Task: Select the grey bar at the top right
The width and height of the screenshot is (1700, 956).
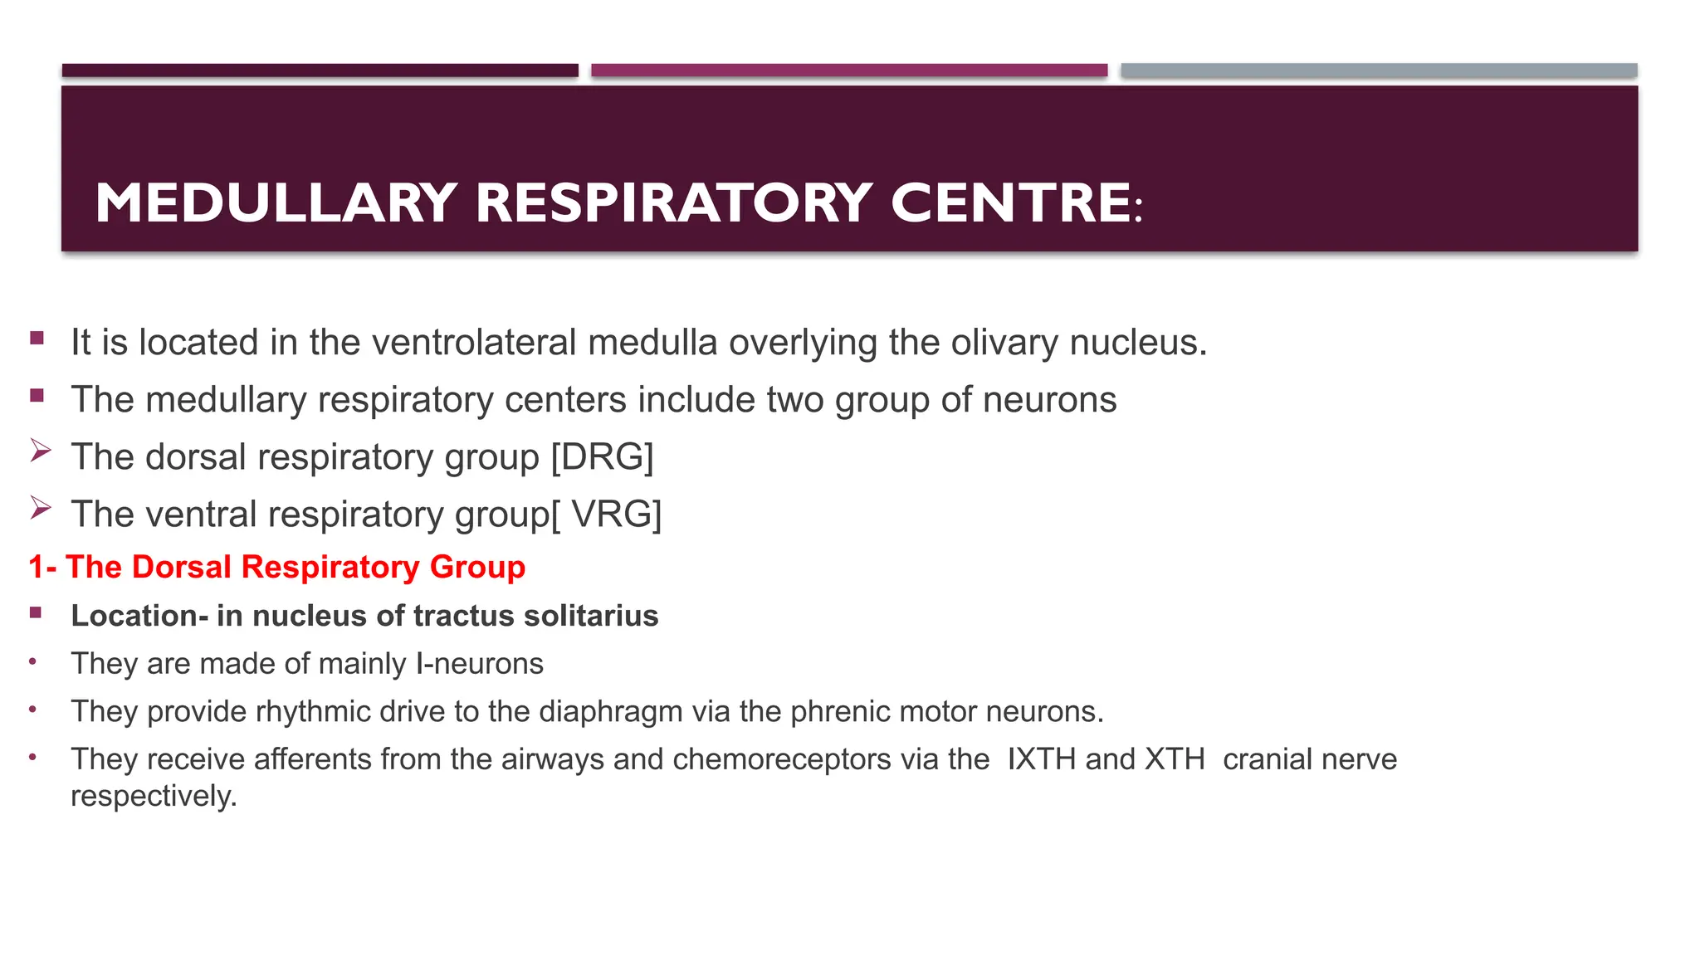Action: (1379, 71)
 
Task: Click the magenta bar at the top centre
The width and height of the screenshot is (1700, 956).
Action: (849, 71)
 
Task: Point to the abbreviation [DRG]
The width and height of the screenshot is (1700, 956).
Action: (603, 457)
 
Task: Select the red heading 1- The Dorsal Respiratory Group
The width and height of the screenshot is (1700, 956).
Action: (277, 568)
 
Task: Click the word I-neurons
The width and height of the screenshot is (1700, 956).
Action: (480, 664)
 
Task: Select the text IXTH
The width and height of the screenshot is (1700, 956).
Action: (1041, 759)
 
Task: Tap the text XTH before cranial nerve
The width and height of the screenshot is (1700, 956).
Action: (1175, 759)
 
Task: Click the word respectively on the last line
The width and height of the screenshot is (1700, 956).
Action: (154, 796)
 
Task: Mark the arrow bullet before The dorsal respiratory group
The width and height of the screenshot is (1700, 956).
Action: (41, 451)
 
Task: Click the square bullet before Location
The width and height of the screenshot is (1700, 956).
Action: (36, 613)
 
